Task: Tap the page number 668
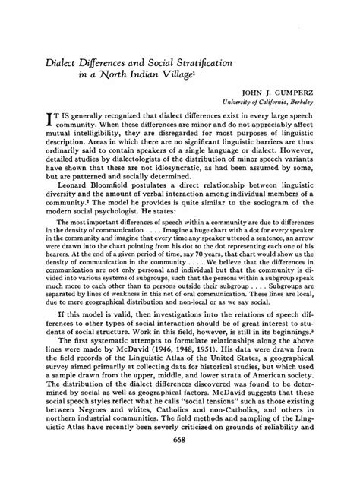pos(180,463)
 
